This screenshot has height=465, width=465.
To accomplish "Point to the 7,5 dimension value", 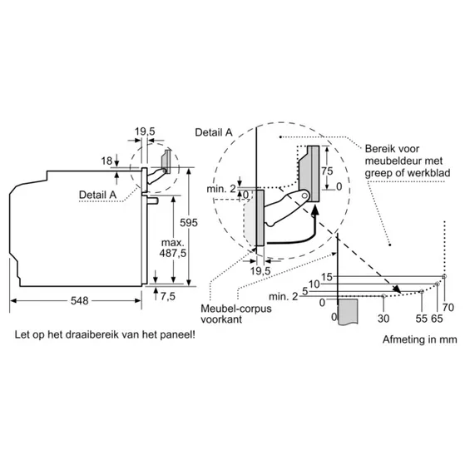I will (168, 295).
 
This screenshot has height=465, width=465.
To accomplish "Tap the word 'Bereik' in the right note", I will (381, 148).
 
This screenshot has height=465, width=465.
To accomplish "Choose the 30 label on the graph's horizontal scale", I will (383, 318).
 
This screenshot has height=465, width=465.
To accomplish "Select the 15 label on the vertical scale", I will (327, 277).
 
